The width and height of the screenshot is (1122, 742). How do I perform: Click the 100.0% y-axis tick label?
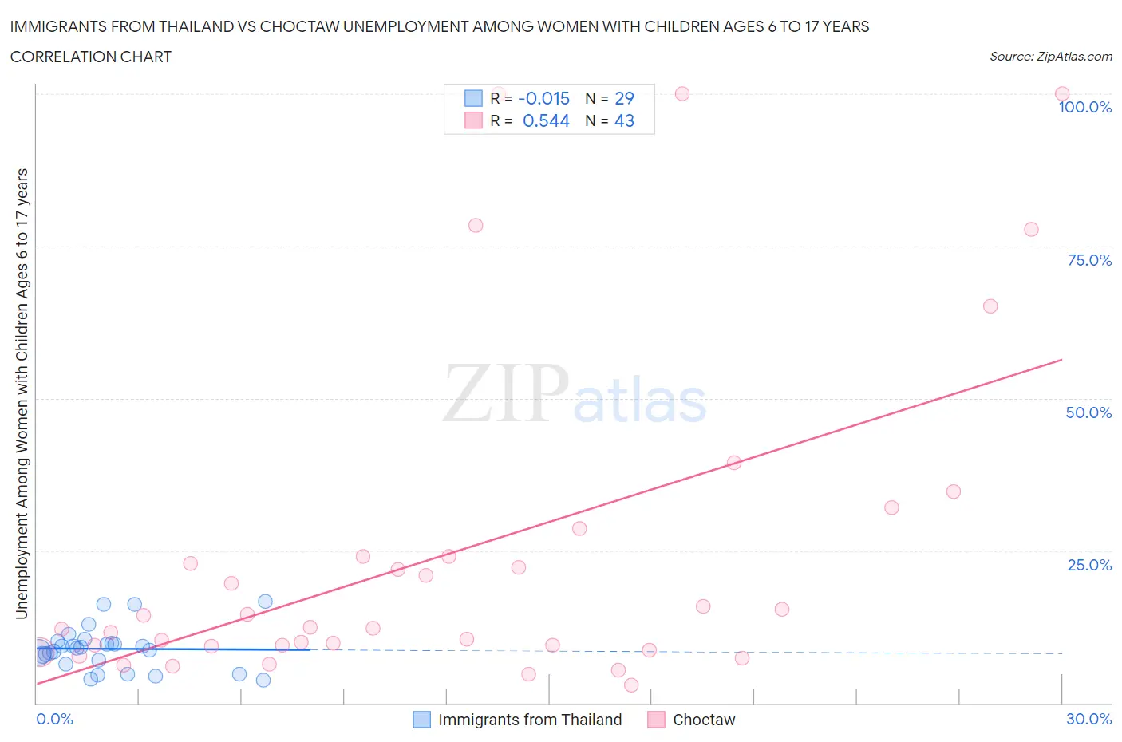point(1084,108)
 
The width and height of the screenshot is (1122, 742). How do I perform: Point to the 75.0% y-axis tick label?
point(1089,260)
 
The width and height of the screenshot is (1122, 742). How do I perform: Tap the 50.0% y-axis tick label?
point(1088,412)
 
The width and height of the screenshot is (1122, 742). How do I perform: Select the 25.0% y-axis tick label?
point(1089,565)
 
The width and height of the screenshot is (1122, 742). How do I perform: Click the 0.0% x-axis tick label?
point(54,719)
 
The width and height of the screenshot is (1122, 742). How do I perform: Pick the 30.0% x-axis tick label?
point(1088,719)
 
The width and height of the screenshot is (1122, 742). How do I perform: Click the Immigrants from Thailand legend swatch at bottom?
point(421,720)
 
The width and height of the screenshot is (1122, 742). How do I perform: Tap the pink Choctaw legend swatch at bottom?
point(656,720)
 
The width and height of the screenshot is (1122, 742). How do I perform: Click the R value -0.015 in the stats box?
point(543,98)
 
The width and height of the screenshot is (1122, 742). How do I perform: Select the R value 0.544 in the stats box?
point(546,120)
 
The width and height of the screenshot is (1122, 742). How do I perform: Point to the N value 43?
point(624,120)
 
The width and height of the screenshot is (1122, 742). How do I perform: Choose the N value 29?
point(624,98)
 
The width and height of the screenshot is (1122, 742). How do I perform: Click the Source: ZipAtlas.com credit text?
point(1050,57)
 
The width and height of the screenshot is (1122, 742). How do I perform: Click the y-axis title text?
point(22,393)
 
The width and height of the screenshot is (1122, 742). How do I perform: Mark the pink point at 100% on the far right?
point(1061,93)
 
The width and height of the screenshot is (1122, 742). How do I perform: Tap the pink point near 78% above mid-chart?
point(476,225)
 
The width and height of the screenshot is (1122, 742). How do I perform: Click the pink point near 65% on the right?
point(990,306)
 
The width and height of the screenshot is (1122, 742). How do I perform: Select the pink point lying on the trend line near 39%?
point(734,463)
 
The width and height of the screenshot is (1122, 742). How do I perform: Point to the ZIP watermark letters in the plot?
point(505,393)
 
